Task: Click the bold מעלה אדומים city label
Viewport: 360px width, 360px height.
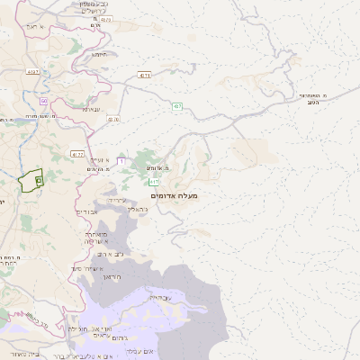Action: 175,195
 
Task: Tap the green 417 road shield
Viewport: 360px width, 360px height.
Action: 154,182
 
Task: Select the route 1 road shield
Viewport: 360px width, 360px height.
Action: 121,161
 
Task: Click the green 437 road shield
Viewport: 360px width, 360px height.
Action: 177,107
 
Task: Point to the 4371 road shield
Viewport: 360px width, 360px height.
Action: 145,76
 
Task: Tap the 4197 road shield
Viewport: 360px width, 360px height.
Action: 33,71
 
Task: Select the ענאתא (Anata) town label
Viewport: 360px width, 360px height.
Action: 91,109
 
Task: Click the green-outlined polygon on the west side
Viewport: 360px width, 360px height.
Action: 31,181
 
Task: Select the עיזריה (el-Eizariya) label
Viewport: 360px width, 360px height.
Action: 118,200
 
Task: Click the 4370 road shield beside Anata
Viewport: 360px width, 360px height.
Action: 113,118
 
